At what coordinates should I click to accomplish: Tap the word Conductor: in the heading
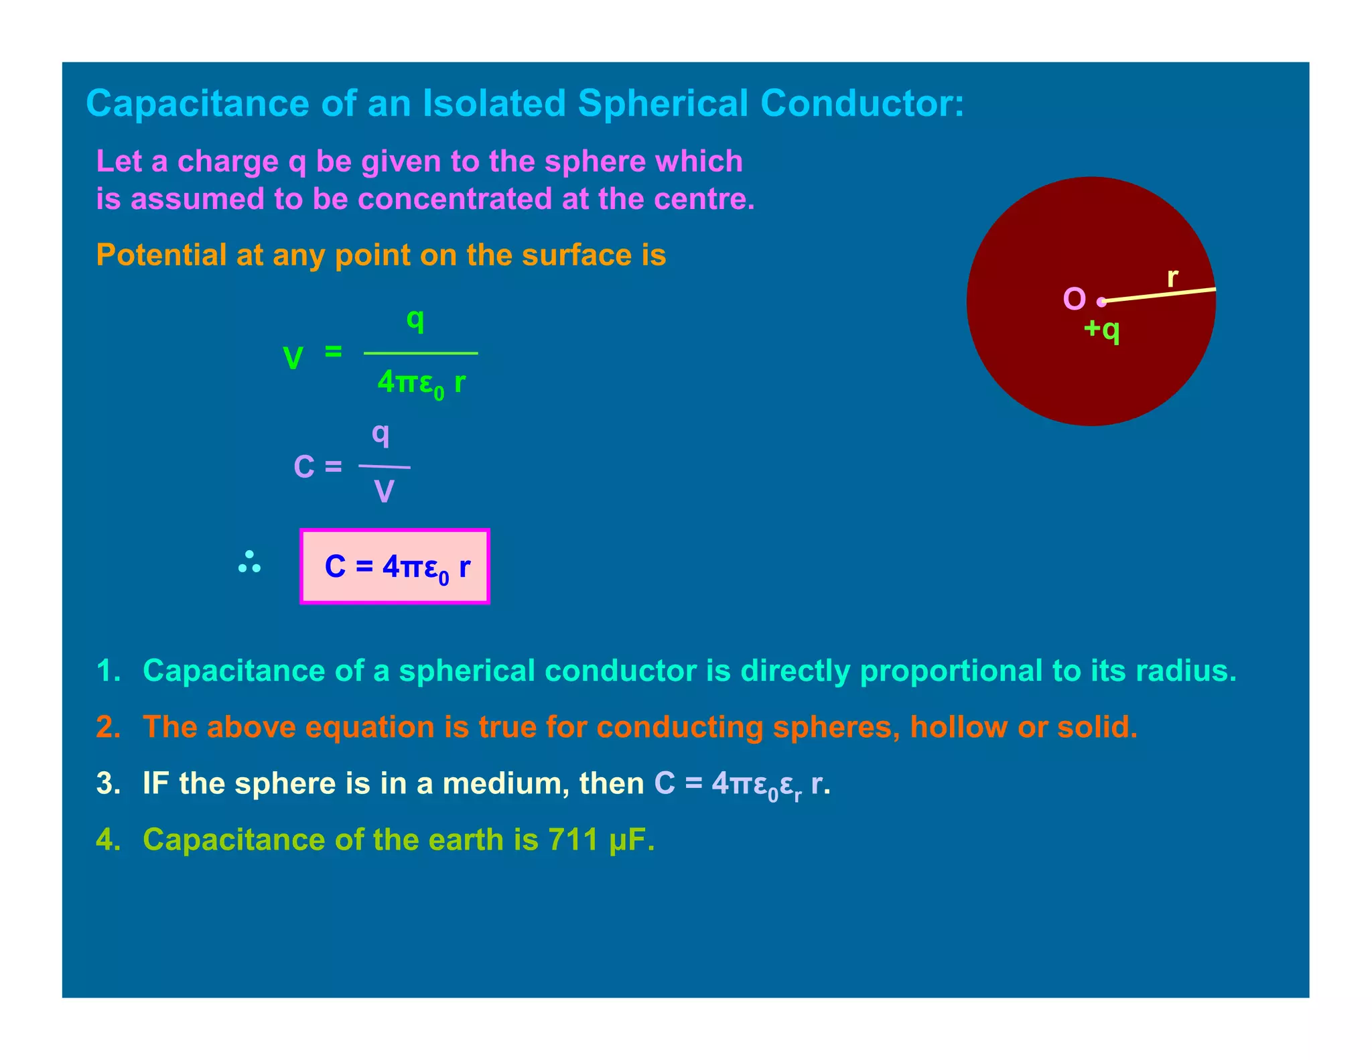click(x=862, y=104)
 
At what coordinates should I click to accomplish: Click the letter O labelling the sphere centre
click(x=1074, y=299)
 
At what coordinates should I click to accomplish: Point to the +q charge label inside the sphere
click(x=1101, y=330)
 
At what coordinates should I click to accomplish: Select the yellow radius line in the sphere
click(x=1159, y=295)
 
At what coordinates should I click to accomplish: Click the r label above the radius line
click(x=1172, y=277)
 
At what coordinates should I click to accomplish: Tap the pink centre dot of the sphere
click(x=1101, y=302)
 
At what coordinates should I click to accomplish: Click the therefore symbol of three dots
click(x=249, y=563)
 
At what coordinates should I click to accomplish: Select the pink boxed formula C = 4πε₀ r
click(x=395, y=567)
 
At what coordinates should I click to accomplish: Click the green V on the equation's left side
click(x=293, y=358)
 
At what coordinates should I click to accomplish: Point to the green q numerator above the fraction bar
click(x=415, y=320)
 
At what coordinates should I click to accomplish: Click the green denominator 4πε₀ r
click(x=421, y=383)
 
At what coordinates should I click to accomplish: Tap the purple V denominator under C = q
click(x=384, y=492)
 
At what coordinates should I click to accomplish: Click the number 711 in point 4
click(x=573, y=840)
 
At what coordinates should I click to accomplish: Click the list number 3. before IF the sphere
click(x=109, y=783)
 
